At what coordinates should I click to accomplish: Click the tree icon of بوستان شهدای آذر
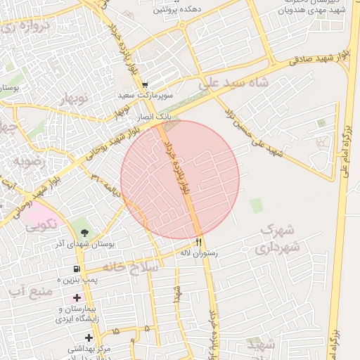tap(85, 233)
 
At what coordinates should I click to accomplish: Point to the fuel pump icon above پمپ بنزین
tap(76, 269)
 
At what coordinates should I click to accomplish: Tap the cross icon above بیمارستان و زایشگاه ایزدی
tap(76, 298)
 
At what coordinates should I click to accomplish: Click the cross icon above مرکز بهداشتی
tap(89, 337)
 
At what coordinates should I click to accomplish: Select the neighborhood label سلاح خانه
tap(131, 267)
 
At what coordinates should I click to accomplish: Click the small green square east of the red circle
tap(256, 206)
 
